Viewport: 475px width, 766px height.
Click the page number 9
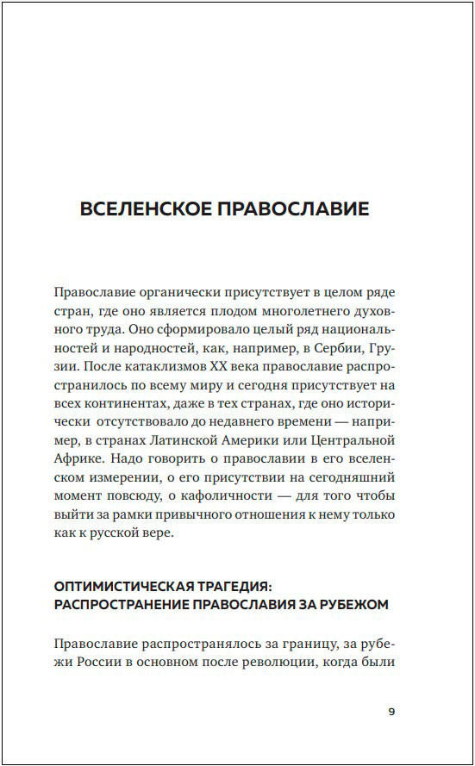[391, 712]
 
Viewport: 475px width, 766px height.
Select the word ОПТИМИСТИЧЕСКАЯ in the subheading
[125, 586]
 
